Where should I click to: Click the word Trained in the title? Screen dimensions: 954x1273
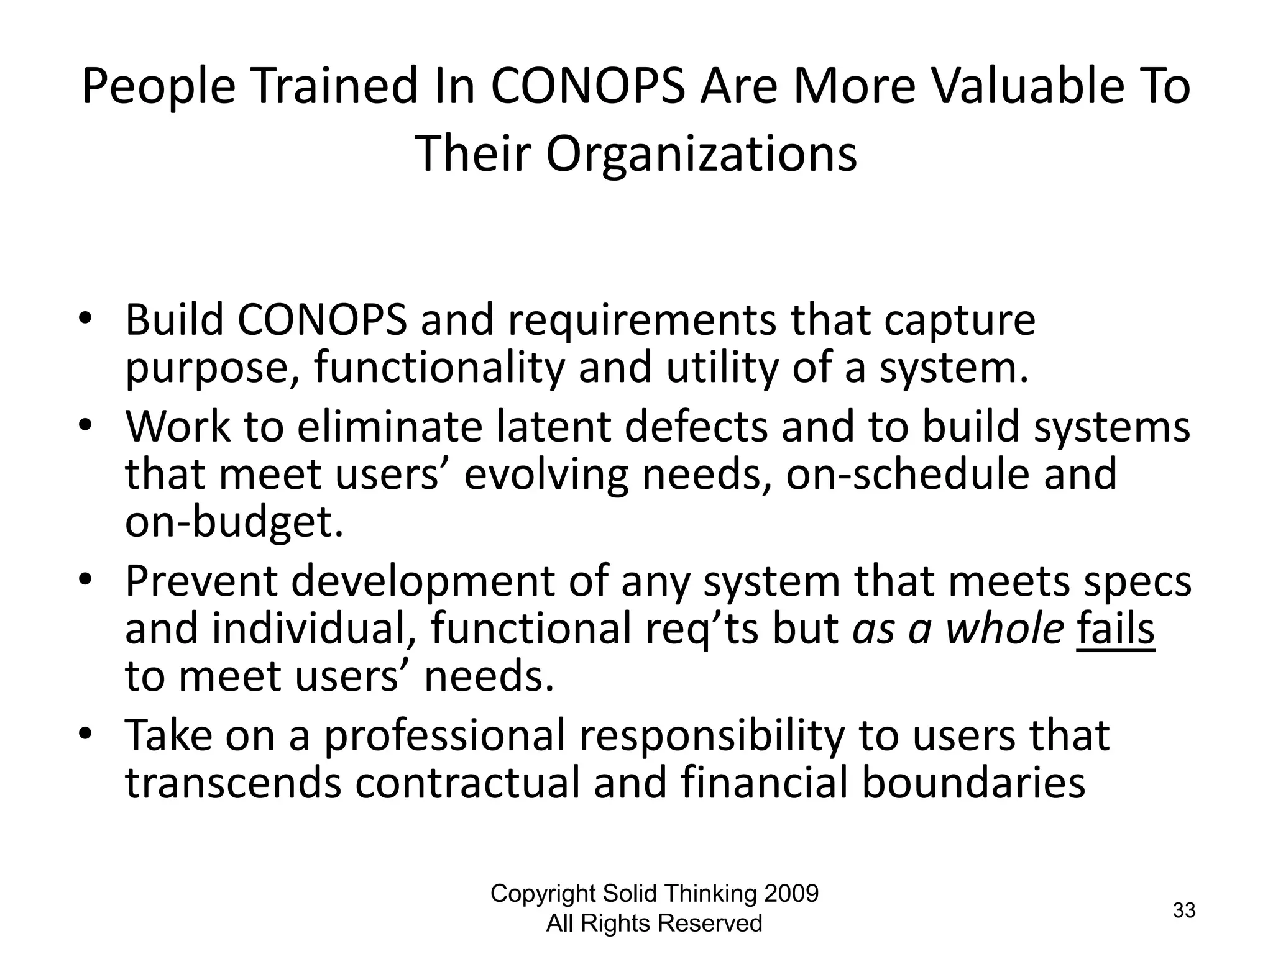334,87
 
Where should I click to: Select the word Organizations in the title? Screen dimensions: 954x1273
701,154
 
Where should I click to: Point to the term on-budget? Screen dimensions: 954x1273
234,522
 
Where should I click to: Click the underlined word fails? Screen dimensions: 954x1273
1116,629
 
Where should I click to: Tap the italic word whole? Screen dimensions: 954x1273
1005,629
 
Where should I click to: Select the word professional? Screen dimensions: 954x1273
445,735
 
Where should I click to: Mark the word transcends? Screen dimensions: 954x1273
233,783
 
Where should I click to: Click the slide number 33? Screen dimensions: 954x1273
1184,911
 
